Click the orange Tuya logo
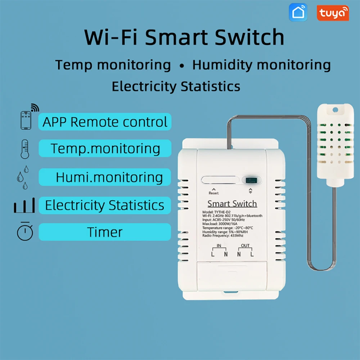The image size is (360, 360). pos(333,13)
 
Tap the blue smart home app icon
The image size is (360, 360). pos(298,13)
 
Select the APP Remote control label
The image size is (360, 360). pos(105,122)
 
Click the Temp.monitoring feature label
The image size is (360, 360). pos(105,148)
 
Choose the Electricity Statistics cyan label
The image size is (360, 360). pos(104,205)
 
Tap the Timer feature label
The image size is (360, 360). pos(104,232)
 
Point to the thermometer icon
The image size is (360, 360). pos(25,148)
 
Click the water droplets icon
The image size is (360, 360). pos(23,177)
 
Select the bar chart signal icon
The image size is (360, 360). pos(24,205)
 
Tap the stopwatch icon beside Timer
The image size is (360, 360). pos(25,232)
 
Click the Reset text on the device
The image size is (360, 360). pos(213,193)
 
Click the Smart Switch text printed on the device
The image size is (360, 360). pos(232,204)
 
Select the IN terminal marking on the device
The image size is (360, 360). pos(219,246)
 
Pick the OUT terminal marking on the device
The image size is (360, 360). pos(245,246)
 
